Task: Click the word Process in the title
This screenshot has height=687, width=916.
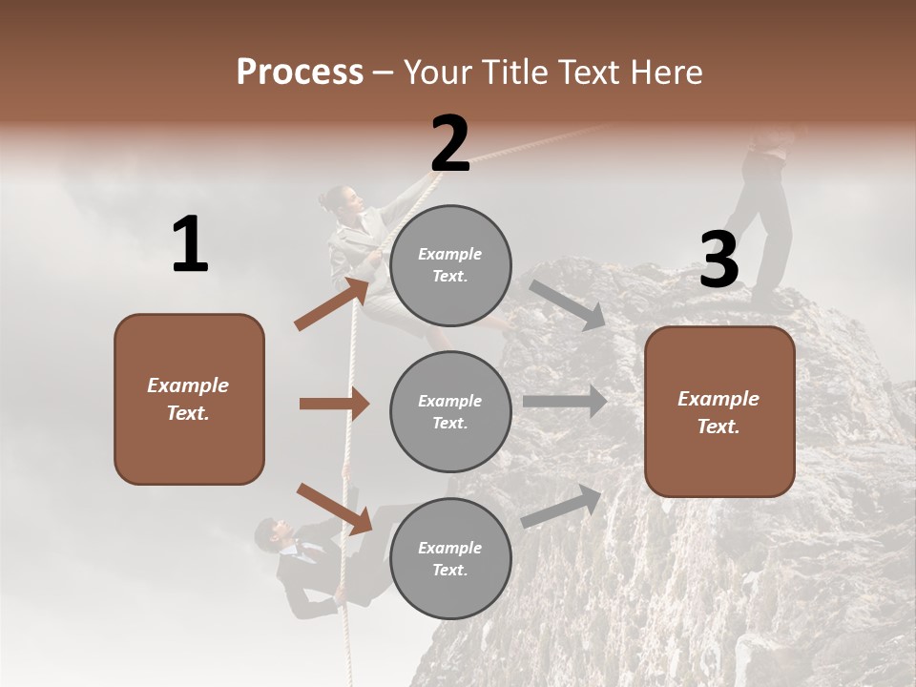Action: [x=300, y=73]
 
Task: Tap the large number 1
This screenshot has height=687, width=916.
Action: [x=190, y=244]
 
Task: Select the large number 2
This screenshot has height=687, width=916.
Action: [x=450, y=144]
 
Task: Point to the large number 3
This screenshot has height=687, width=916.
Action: [x=718, y=260]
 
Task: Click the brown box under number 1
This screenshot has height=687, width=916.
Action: [x=189, y=399]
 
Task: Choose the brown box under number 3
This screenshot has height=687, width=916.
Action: [x=719, y=411]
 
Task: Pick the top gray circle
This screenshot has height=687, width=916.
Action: [x=450, y=264]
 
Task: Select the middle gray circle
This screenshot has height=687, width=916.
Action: [x=450, y=411]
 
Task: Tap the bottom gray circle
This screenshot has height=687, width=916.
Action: [x=450, y=558]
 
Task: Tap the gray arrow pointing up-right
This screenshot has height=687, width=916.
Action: [x=562, y=506]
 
